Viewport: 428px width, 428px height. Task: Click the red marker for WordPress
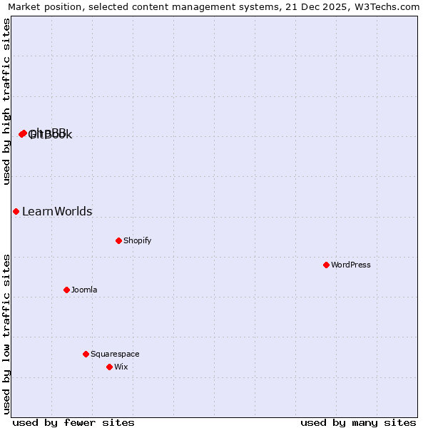(x=326, y=265)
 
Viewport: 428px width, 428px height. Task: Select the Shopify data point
(x=118, y=240)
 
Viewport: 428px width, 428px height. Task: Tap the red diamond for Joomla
(x=66, y=290)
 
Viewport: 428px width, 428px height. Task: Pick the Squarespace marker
(x=86, y=354)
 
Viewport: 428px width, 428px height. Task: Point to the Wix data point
(x=109, y=367)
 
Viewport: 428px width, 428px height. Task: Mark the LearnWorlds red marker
(x=16, y=211)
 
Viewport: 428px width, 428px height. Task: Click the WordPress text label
(x=351, y=265)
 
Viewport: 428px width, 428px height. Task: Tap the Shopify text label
(x=138, y=240)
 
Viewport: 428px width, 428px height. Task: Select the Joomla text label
(x=84, y=290)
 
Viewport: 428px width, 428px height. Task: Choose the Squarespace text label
(x=115, y=354)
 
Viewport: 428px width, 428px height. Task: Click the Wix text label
(x=121, y=367)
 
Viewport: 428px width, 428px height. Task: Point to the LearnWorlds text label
(x=57, y=211)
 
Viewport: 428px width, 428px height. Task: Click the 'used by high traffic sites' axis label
(x=6, y=101)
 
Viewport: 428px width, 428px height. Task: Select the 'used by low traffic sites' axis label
(x=6, y=334)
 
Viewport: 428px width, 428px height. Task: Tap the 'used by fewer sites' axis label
(x=73, y=422)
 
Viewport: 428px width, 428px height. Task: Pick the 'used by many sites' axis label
(x=358, y=422)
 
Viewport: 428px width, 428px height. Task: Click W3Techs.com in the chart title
(x=386, y=6)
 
